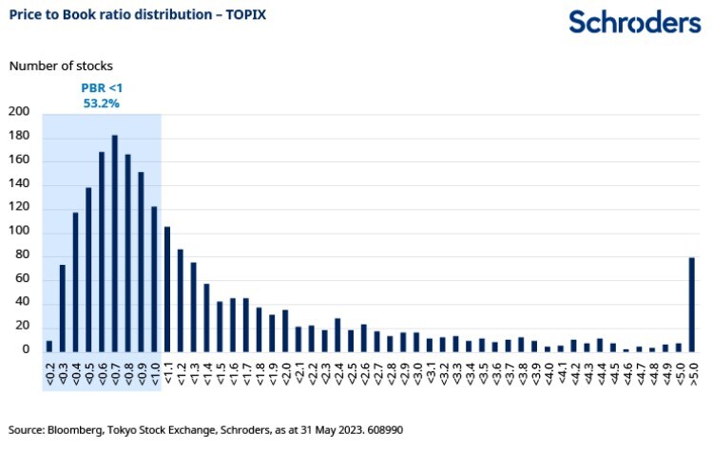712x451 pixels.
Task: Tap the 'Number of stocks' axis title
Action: pos(60,66)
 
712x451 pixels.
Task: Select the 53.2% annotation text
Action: pos(102,103)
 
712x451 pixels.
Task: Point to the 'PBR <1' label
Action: pos(102,87)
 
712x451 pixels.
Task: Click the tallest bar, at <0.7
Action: pos(115,243)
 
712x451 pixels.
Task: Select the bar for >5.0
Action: pos(692,304)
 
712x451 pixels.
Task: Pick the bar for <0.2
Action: pos(49,346)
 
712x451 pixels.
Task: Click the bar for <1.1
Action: pos(167,289)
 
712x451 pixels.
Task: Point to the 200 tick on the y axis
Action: pos(19,112)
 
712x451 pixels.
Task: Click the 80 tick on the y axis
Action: pos(23,255)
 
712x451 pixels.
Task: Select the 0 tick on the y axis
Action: pos(27,350)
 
